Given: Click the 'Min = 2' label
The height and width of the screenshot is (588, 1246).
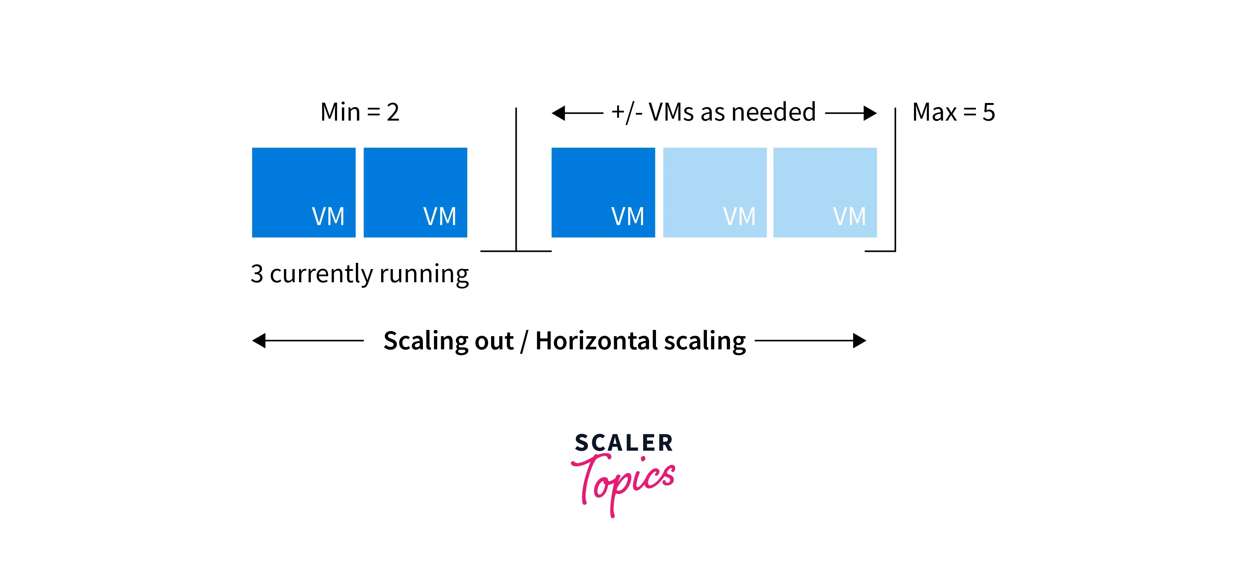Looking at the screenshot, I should tap(360, 112).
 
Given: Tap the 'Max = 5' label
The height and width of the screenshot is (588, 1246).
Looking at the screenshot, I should tap(953, 112).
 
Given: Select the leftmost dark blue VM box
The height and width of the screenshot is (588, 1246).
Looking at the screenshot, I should tap(303, 192).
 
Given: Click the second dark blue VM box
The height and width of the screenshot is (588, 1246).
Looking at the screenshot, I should tap(415, 192).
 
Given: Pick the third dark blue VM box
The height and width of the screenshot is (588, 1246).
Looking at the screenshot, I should tap(603, 192).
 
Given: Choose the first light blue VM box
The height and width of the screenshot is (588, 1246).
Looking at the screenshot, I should tap(714, 192).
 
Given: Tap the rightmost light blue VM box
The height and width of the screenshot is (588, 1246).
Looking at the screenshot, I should tap(825, 192).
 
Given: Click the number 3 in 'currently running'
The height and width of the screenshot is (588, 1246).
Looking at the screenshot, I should tap(257, 273).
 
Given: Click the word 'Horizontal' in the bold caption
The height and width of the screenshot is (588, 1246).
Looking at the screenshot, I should tap(596, 341).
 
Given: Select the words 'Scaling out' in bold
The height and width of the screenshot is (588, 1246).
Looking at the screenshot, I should tap(448, 341).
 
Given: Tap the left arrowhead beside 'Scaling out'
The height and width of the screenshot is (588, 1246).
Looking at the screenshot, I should tap(259, 341).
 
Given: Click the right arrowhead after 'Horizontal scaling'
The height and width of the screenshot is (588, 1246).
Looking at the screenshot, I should tap(859, 341).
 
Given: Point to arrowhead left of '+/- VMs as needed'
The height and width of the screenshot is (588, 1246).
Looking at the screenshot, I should tap(558, 113).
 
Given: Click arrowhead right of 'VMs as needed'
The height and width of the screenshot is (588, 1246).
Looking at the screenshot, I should tap(870, 113).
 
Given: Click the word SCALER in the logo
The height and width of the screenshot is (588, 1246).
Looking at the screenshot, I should tap(623, 443).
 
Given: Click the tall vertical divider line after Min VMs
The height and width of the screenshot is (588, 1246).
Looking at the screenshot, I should tap(516, 179).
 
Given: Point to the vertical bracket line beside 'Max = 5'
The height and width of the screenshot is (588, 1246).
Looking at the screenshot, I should tap(895, 179).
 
